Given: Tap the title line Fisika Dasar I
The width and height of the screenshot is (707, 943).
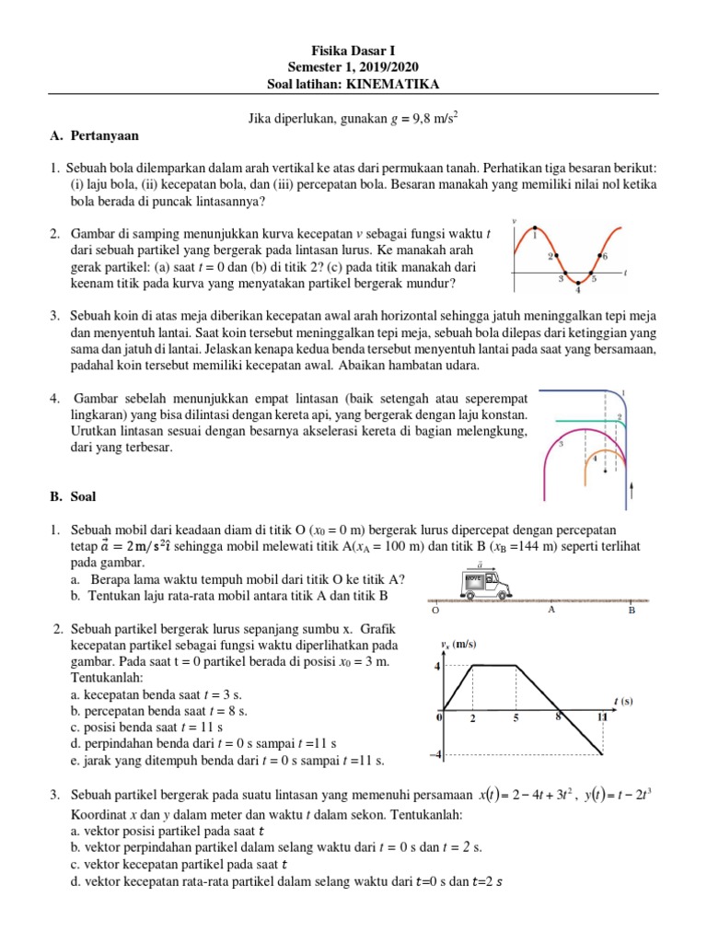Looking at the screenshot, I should (x=353, y=51).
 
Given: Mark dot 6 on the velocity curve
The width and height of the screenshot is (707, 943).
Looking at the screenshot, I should (x=602, y=254).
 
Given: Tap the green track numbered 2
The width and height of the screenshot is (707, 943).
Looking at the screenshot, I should (x=571, y=420).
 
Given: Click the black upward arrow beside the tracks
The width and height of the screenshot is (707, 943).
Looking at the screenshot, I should (x=632, y=487).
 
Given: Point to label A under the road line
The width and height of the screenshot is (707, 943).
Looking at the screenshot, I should (x=551, y=609).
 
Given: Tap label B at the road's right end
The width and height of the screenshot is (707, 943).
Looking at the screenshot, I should (x=632, y=610).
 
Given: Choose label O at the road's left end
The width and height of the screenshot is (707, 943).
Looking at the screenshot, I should (x=435, y=610).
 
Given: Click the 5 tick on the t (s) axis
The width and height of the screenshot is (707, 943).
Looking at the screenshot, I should (x=517, y=717).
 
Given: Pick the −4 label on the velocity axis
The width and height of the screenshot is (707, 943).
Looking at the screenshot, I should (x=435, y=756).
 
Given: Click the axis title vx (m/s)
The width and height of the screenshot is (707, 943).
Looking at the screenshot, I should (x=460, y=644).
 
